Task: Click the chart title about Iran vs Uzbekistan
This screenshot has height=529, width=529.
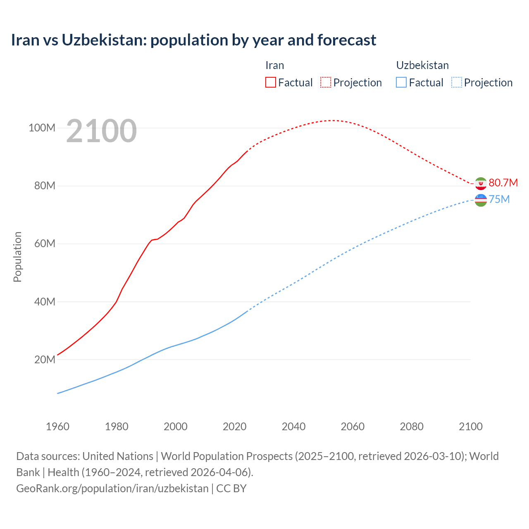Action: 193,40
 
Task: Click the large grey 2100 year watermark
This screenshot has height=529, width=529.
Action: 101,131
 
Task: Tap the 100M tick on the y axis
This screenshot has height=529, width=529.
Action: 42,128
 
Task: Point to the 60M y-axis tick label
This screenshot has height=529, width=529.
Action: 44,244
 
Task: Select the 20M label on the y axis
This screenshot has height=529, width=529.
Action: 44,360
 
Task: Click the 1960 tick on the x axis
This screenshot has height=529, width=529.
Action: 57,427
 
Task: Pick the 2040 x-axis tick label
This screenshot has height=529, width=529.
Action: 293,427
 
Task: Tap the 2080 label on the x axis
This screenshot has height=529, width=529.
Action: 412,427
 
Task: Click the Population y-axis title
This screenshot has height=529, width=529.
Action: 17,257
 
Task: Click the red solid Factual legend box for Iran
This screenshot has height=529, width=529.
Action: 271,82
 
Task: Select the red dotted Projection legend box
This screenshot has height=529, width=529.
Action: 326,82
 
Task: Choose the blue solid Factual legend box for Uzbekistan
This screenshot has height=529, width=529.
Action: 401,82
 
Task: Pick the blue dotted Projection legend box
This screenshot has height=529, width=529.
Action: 456,82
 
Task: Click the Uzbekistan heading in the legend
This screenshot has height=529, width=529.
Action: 422,65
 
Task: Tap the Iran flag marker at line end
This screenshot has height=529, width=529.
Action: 481,183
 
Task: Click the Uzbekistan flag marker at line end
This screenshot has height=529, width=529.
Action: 481,200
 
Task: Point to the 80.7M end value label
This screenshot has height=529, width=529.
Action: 503,183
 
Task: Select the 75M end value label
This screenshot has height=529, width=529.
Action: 499,200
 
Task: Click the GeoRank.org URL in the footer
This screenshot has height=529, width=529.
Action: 112,488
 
